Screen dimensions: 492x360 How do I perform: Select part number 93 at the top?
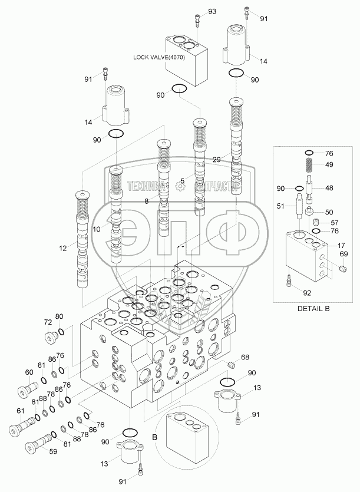[x=212, y=12]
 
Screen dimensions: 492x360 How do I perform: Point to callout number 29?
[x=217, y=160]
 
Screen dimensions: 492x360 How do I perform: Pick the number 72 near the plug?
[x=48, y=323]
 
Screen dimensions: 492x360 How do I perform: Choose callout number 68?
[x=245, y=356]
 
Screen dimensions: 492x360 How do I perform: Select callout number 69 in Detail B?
[x=343, y=254]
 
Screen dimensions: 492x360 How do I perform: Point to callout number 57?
[x=335, y=223]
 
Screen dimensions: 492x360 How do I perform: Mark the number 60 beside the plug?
[x=29, y=372]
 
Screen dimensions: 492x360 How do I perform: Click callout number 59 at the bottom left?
[x=52, y=453]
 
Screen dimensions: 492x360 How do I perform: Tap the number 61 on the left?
[x=21, y=411]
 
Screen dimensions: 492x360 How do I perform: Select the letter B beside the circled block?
[x=154, y=437]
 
